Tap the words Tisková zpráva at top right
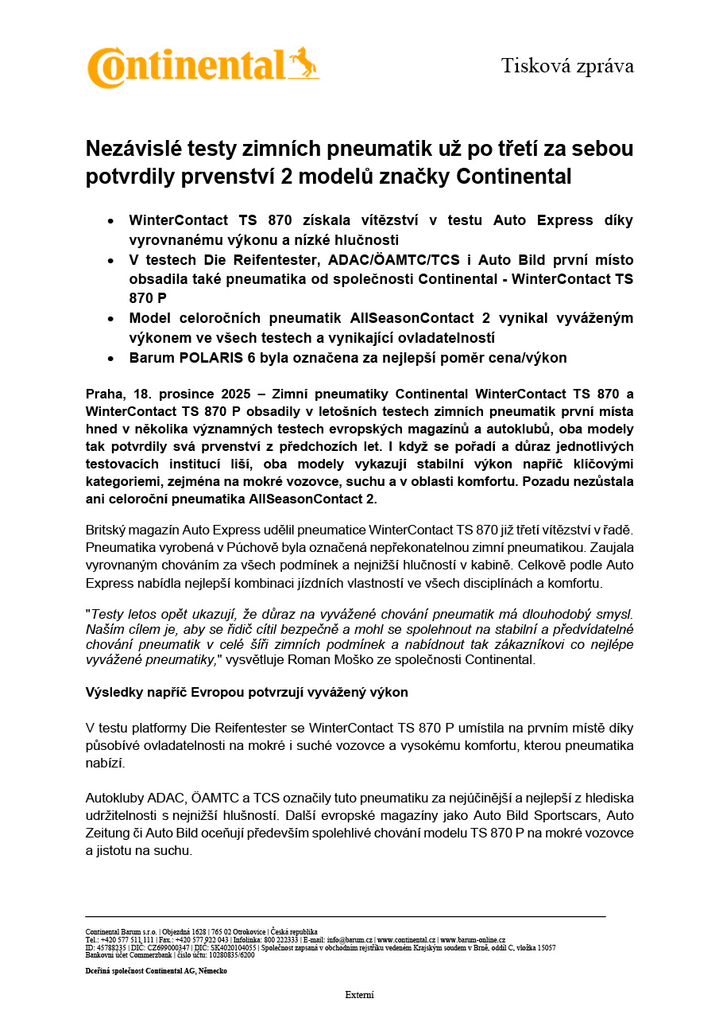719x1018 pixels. click(567, 66)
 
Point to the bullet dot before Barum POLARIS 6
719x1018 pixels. click(111, 358)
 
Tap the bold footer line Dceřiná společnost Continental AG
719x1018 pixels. click(156, 971)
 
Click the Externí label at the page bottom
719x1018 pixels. click(359, 995)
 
